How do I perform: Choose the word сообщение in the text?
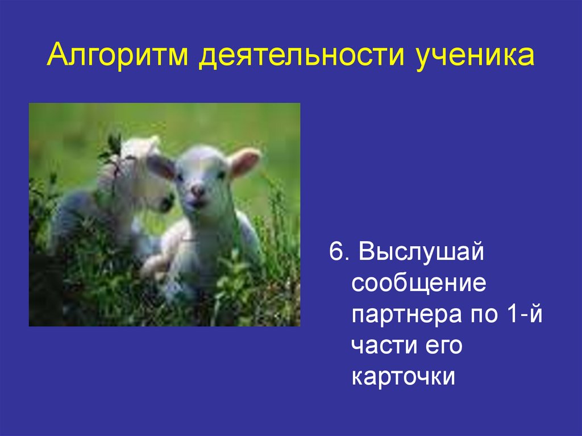point(419,283)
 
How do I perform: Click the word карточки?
point(404,377)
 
